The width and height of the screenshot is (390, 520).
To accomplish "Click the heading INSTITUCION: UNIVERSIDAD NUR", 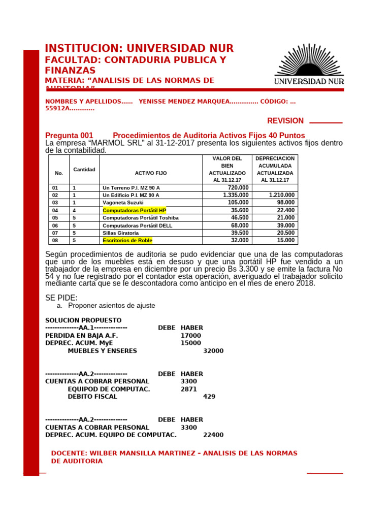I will pyautogui.click(x=139, y=49).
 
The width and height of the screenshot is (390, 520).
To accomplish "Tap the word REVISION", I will pyautogui.click(x=285, y=121).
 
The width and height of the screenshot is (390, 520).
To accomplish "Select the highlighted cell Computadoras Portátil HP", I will pyautogui.click(x=134, y=210).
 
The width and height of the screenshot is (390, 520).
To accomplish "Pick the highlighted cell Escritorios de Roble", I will pyautogui.click(x=127, y=241).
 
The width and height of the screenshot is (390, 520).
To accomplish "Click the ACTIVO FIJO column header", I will pyautogui.click(x=151, y=173).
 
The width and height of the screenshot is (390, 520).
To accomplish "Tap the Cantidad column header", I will pyautogui.click(x=84, y=169).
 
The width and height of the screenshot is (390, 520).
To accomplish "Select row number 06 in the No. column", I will pyautogui.click(x=55, y=225).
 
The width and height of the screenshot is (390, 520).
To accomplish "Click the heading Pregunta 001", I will pyautogui.click(x=69, y=136).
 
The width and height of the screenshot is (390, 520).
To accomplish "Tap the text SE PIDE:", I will pyautogui.click(x=61, y=298).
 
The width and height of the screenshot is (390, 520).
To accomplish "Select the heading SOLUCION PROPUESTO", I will pyautogui.click(x=83, y=320).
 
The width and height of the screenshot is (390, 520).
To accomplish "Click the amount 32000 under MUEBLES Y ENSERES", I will pyautogui.click(x=213, y=351).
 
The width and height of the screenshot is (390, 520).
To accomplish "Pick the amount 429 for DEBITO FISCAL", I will pyautogui.click(x=209, y=397).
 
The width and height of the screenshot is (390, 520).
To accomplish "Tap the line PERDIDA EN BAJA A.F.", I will pyautogui.click(x=81, y=336).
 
